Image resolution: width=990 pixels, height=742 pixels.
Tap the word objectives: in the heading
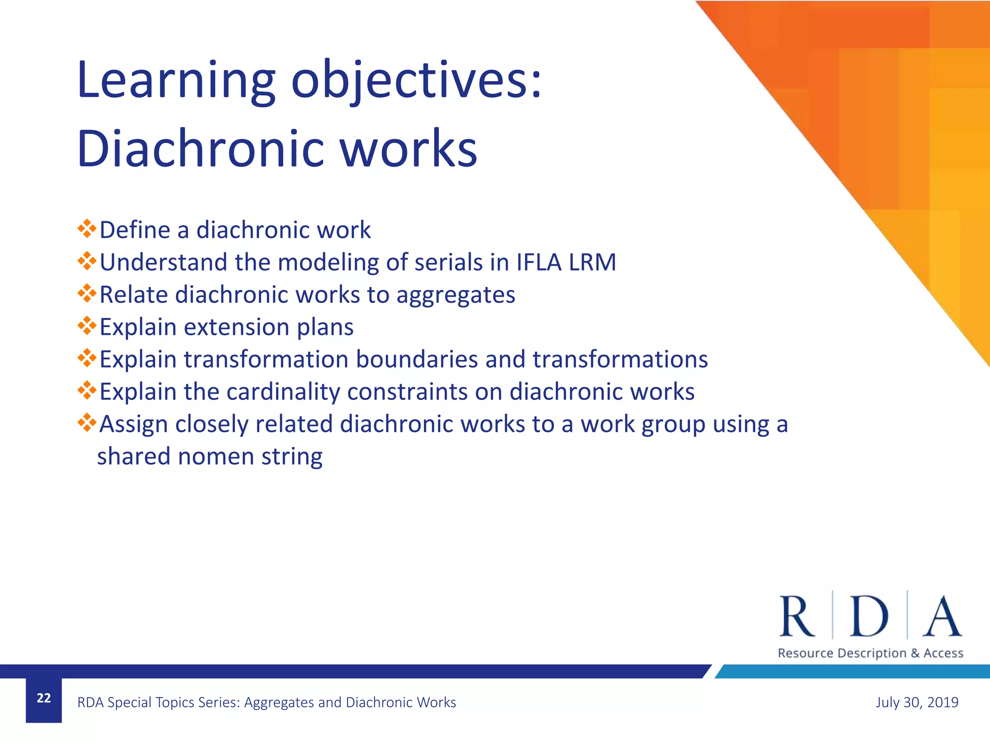click(417, 80)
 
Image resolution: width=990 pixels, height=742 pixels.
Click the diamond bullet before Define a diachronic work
click(87, 228)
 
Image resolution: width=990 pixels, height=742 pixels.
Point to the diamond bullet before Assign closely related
click(87, 423)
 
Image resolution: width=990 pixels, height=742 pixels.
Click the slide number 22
click(44, 698)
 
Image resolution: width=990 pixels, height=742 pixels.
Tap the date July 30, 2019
click(917, 702)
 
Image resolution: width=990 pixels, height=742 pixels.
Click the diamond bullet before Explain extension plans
click(87, 326)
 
